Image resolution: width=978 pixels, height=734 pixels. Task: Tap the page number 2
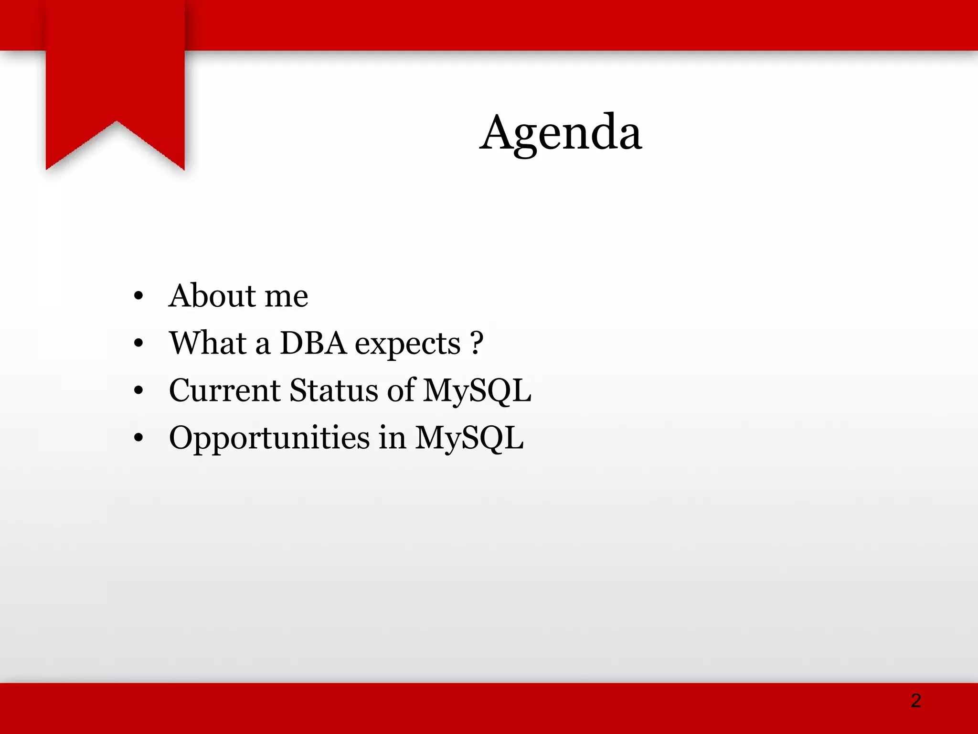click(915, 701)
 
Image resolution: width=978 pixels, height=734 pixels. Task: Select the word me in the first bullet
click(286, 297)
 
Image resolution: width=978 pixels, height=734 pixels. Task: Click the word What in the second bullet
click(208, 343)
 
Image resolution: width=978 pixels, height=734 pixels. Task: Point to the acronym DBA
click(313, 343)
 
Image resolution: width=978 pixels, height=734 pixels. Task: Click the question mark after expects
click(477, 343)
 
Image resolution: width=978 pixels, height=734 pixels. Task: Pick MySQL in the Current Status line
click(477, 391)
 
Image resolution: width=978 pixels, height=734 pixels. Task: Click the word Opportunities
click(269, 439)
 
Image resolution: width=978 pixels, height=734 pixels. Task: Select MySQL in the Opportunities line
click(469, 438)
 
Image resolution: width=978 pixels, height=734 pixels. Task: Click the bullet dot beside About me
click(138, 296)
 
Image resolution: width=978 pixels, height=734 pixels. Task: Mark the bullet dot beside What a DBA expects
click(138, 343)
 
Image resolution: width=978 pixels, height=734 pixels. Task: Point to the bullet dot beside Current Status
click(138, 390)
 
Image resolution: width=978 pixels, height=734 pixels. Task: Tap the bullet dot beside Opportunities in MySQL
click(138, 438)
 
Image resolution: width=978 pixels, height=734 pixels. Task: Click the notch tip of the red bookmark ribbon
click(116, 122)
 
